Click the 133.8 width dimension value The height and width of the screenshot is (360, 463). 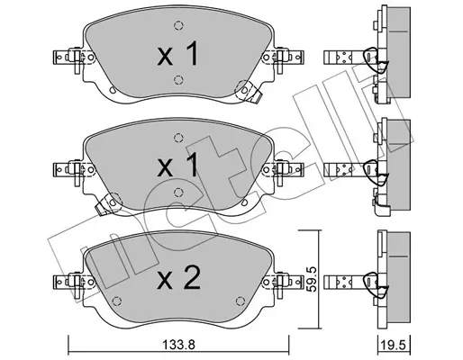(178, 345)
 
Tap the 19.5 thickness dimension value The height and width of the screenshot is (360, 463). (394, 345)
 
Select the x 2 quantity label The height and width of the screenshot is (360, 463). (178, 278)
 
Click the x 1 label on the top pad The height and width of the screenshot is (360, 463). (177, 54)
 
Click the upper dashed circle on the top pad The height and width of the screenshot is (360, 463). (178, 26)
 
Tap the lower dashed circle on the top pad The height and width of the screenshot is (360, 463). (178, 79)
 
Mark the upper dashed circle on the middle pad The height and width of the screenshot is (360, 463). (178, 138)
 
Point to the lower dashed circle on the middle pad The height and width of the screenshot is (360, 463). (178, 192)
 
